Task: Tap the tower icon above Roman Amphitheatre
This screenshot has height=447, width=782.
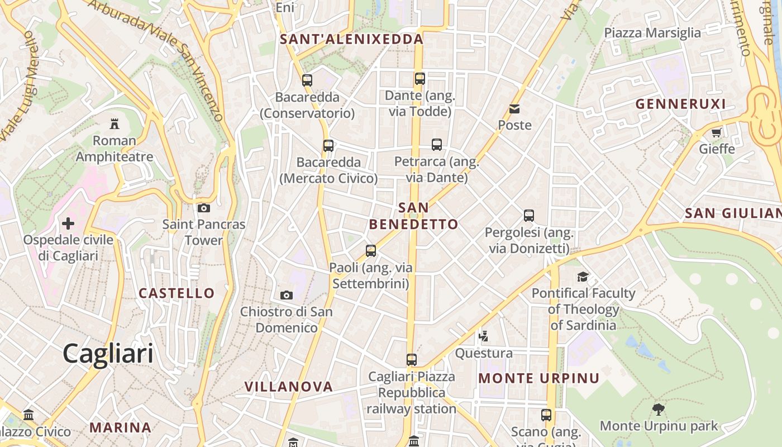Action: click(115, 123)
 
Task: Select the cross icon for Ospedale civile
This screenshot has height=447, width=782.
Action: click(68, 224)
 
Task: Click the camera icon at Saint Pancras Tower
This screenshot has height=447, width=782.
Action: click(204, 208)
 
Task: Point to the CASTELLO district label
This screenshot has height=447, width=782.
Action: click(177, 293)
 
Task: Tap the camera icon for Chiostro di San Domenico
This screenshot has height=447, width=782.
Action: click(286, 295)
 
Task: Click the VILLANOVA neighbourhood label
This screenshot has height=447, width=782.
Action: click(288, 387)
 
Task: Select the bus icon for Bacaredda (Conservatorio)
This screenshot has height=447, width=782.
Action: click(307, 80)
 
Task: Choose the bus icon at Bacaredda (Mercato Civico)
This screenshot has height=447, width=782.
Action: click(328, 146)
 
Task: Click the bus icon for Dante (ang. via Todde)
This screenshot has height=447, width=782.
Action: click(419, 79)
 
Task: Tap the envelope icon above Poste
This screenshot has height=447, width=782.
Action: click(514, 109)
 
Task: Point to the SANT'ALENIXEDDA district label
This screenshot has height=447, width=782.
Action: click(351, 39)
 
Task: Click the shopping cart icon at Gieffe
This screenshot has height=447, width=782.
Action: click(717, 133)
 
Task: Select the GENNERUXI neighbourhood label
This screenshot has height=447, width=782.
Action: click(680, 104)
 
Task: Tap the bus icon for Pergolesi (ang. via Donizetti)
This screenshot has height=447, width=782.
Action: click(528, 215)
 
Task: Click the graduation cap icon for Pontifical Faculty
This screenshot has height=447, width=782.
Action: click(583, 277)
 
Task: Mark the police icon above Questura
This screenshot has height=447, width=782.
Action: click(484, 336)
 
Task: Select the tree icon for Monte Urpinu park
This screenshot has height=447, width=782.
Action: click(659, 410)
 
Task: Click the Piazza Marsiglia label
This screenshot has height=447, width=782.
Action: click(652, 33)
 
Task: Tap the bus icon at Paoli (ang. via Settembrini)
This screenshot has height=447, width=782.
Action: click(371, 251)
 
